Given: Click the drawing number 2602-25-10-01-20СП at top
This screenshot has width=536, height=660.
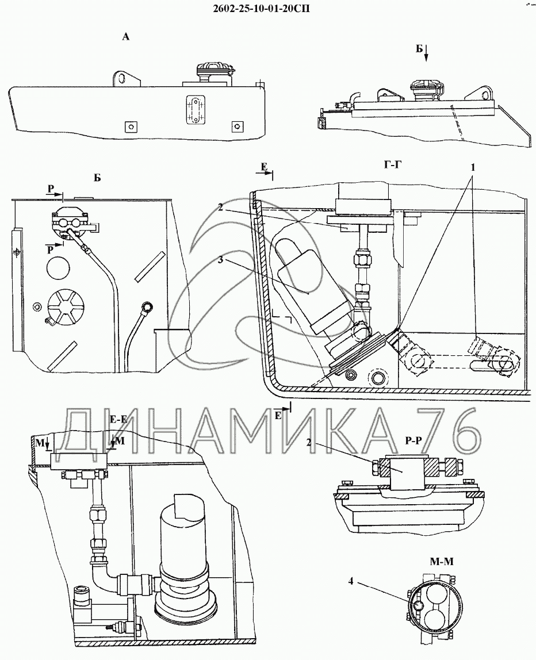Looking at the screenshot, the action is [x=262, y=8].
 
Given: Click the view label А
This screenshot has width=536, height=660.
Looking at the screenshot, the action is [x=125, y=37].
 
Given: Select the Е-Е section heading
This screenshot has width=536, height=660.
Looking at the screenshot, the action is [x=118, y=419].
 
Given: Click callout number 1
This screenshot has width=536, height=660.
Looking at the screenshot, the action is [x=473, y=167].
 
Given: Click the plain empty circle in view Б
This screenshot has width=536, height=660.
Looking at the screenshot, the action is [x=58, y=267].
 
